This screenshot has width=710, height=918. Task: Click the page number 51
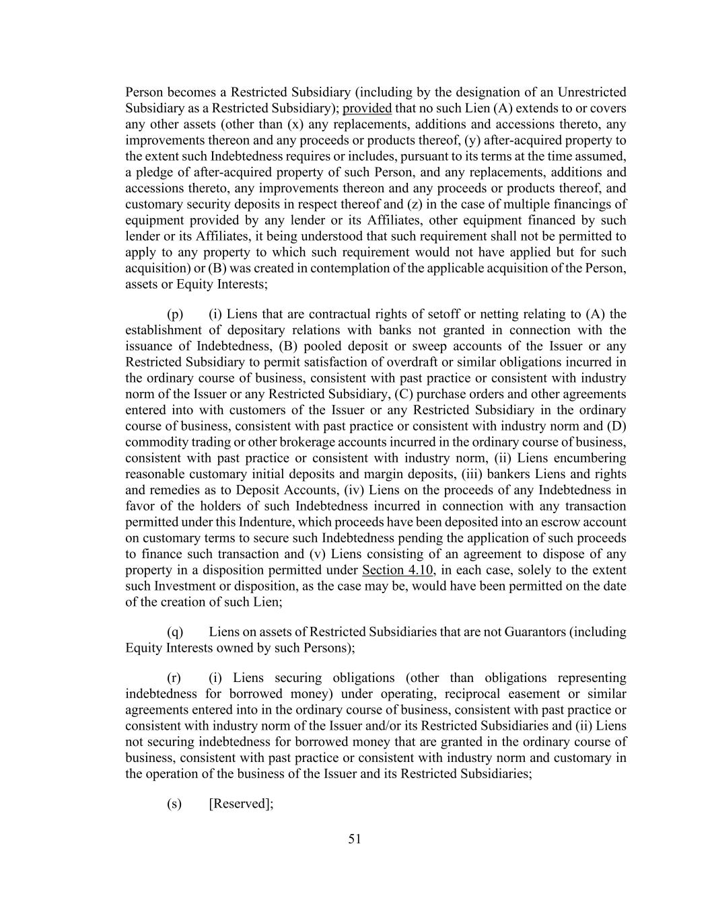click(x=355, y=839)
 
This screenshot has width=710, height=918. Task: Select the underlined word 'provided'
click(x=367, y=108)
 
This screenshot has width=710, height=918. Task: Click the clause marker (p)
click(x=174, y=314)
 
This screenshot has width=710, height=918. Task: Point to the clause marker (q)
click(x=174, y=632)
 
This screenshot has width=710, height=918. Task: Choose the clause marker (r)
click(x=174, y=678)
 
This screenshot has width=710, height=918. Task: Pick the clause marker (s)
click(x=174, y=804)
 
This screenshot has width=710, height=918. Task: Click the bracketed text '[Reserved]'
click(x=241, y=804)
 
